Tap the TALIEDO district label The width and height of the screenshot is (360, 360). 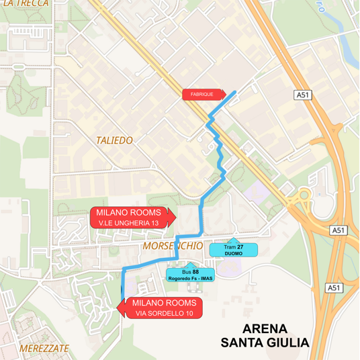coord(114,140)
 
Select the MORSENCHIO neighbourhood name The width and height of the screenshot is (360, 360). coord(173,247)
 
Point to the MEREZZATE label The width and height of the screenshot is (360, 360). coord(44,349)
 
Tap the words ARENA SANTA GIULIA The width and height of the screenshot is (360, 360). coord(265,336)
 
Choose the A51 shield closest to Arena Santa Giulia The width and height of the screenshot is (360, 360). coord(334,287)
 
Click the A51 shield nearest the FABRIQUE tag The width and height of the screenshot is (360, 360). coord(303,95)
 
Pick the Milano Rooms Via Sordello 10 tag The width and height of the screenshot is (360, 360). coord(161,308)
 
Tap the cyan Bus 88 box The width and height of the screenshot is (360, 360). coord(190,275)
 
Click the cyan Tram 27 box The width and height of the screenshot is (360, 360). coord(233,250)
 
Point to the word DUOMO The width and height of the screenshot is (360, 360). coord(234,254)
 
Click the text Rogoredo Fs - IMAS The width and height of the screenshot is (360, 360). coord(190,278)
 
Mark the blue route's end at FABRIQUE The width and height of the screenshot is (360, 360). coord(235,92)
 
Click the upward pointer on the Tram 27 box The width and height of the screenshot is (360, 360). coord(233,240)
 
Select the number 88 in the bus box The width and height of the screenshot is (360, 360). coord(195,271)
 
